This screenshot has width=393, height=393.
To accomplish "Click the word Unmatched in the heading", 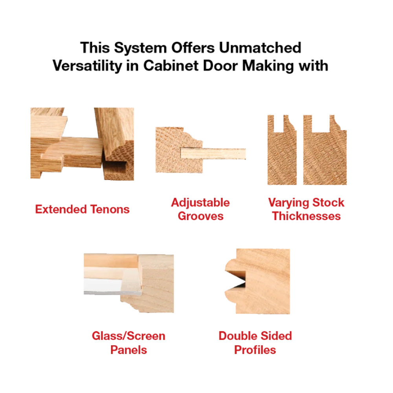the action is pyautogui.click(x=260, y=48).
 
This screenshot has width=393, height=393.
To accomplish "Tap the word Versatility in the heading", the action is pyautogui.click(x=87, y=66).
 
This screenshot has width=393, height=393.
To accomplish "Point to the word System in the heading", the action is pyautogui.click(x=140, y=48).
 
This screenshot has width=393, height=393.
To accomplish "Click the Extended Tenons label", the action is pyautogui.click(x=82, y=209).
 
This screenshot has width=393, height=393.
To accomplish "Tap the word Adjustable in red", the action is pyautogui.click(x=200, y=203).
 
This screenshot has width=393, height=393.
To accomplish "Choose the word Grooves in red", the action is pyautogui.click(x=200, y=216).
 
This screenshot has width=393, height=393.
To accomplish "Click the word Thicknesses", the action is pyautogui.click(x=306, y=216).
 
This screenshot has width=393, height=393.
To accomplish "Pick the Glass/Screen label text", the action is pyautogui.click(x=129, y=336).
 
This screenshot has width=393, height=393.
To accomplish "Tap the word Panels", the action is pyautogui.click(x=129, y=350).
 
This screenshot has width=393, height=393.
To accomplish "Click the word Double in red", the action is pyautogui.click(x=237, y=336).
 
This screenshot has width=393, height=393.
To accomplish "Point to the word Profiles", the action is pyautogui.click(x=255, y=350).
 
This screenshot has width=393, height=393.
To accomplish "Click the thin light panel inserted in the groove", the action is pyautogui.click(x=213, y=153).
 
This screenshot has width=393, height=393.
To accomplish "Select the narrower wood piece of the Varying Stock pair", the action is pyautogui.click(x=282, y=150).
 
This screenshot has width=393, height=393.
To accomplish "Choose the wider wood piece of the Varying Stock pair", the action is pyautogui.click(x=325, y=150).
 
